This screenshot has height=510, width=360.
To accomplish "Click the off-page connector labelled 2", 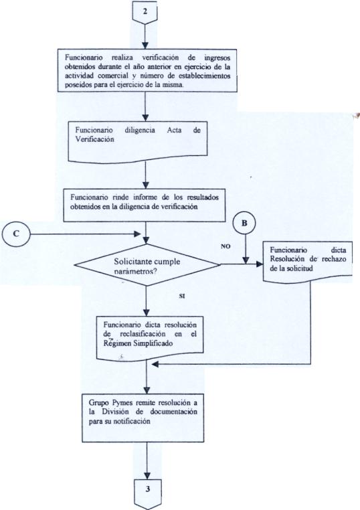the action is (145, 11).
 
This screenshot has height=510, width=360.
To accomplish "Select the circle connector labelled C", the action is (16, 234).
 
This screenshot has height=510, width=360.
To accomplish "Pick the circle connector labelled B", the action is (244, 224).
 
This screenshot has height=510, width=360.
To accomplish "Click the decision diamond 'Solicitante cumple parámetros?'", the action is (147, 265).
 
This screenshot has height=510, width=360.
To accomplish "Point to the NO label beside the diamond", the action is (226, 246).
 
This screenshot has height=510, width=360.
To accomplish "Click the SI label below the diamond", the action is (182, 296).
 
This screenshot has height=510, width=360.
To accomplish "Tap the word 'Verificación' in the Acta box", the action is (95, 139).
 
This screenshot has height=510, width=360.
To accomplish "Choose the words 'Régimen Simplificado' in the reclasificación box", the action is (139, 343).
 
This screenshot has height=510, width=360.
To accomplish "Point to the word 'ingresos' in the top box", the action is (217, 58).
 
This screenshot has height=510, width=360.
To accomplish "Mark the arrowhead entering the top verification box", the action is (145, 46).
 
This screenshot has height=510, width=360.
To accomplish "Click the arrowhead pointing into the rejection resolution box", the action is (259, 264).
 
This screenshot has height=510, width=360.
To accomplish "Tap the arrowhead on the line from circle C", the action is (137, 234).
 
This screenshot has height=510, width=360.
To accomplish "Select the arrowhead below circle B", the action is (246, 260).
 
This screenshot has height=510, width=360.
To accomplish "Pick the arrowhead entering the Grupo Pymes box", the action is (147, 390).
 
